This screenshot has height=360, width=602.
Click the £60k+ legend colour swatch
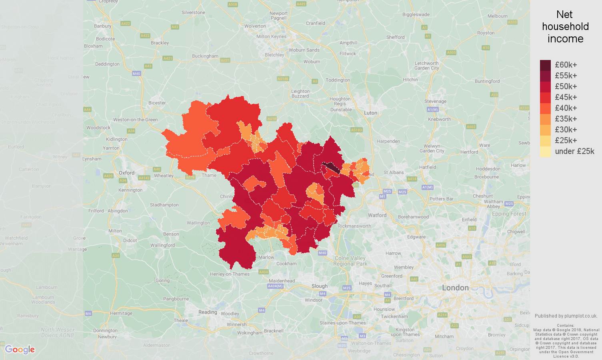click(545, 65)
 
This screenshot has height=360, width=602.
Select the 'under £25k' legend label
click(574, 151)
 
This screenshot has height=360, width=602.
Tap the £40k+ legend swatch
click(545, 108)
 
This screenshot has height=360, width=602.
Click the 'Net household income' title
click(565, 26)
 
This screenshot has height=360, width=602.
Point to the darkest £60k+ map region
click(332, 167)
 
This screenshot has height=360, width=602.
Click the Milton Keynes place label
click(271, 36)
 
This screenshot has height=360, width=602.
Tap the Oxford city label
click(126, 173)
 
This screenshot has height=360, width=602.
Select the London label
click(455, 288)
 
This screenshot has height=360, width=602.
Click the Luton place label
click(370, 113)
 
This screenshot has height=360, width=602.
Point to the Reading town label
click(208, 312)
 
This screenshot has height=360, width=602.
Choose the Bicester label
click(157, 103)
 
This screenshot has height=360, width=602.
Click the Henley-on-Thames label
click(230, 274)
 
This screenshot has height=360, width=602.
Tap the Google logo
click(20, 350)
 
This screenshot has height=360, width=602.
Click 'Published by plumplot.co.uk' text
click(566, 316)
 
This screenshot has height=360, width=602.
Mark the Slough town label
click(319, 286)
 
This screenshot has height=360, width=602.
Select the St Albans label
click(394, 172)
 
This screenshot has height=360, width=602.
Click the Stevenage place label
click(435, 101)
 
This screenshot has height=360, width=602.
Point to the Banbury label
click(103, 26)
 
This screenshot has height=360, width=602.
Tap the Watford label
click(377, 215)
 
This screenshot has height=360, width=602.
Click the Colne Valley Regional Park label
click(350, 261)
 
